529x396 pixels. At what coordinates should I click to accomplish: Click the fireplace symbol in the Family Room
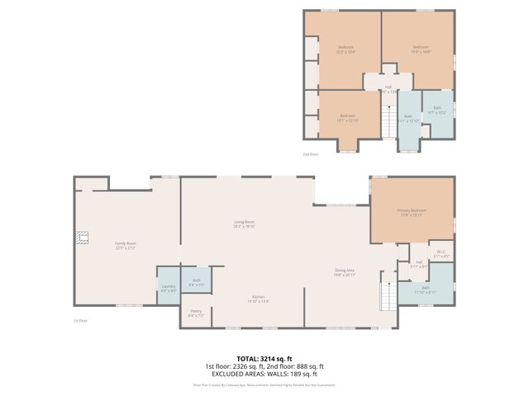pyautogui.click(x=81, y=237)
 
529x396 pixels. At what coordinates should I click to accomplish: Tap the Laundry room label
pyautogui.click(x=168, y=288)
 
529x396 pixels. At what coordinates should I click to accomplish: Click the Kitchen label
pyautogui.click(x=258, y=299)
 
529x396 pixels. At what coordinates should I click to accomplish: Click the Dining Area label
pyautogui.click(x=344, y=272)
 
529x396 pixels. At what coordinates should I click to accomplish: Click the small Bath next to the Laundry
pyautogui.click(x=197, y=282)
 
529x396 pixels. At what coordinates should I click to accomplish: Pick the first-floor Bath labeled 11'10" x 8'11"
pyautogui.click(x=425, y=290)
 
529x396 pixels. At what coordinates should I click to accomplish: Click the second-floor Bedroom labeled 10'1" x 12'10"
pyautogui.click(x=346, y=118)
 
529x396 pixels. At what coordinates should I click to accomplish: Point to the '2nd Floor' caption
pyautogui.click(x=310, y=154)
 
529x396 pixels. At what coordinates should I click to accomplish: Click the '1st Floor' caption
pyautogui.click(x=80, y=320)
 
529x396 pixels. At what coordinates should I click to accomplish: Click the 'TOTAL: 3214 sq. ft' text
pyautogui.click(x=264, y=358)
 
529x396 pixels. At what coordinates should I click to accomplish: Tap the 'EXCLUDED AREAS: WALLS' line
pyautogui.click(x=264, y=373)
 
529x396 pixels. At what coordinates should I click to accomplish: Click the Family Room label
pyautogui.click(x=126, y=245)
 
